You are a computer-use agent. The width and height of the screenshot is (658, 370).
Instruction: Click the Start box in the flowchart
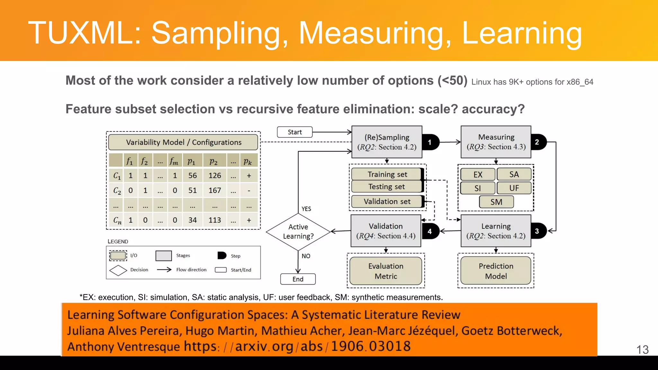(295, 132)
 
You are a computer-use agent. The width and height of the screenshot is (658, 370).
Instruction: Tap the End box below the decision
(298, 279)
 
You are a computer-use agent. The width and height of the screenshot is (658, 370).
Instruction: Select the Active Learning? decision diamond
(298, 232)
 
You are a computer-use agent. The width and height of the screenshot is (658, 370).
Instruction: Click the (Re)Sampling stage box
(387, 142)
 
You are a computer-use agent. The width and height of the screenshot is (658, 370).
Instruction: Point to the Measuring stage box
(496, 142)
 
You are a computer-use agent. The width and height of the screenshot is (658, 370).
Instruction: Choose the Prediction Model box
(496, 271)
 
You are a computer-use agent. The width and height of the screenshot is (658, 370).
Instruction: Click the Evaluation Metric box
(386, 271)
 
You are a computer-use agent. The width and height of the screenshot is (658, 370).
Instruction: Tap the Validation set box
(387, 201)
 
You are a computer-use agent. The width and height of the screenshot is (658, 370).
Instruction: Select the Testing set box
(387, 187)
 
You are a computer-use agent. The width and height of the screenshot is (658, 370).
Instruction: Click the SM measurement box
(496, 202)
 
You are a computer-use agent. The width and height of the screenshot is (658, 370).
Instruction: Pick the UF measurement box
(514, 188)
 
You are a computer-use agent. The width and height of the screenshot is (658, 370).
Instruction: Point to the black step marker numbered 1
(430, 142)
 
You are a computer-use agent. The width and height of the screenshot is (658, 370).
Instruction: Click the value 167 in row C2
(215, 190)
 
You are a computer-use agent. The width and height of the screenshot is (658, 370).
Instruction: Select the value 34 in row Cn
(192, 220)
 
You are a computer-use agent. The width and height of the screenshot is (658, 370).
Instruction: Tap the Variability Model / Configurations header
(183, 142)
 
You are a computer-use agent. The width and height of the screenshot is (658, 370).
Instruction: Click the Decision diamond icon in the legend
(118, 270)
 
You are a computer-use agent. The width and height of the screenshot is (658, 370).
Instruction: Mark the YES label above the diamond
(306, 209)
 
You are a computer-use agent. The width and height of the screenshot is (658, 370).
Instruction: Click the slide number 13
(643, 350)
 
